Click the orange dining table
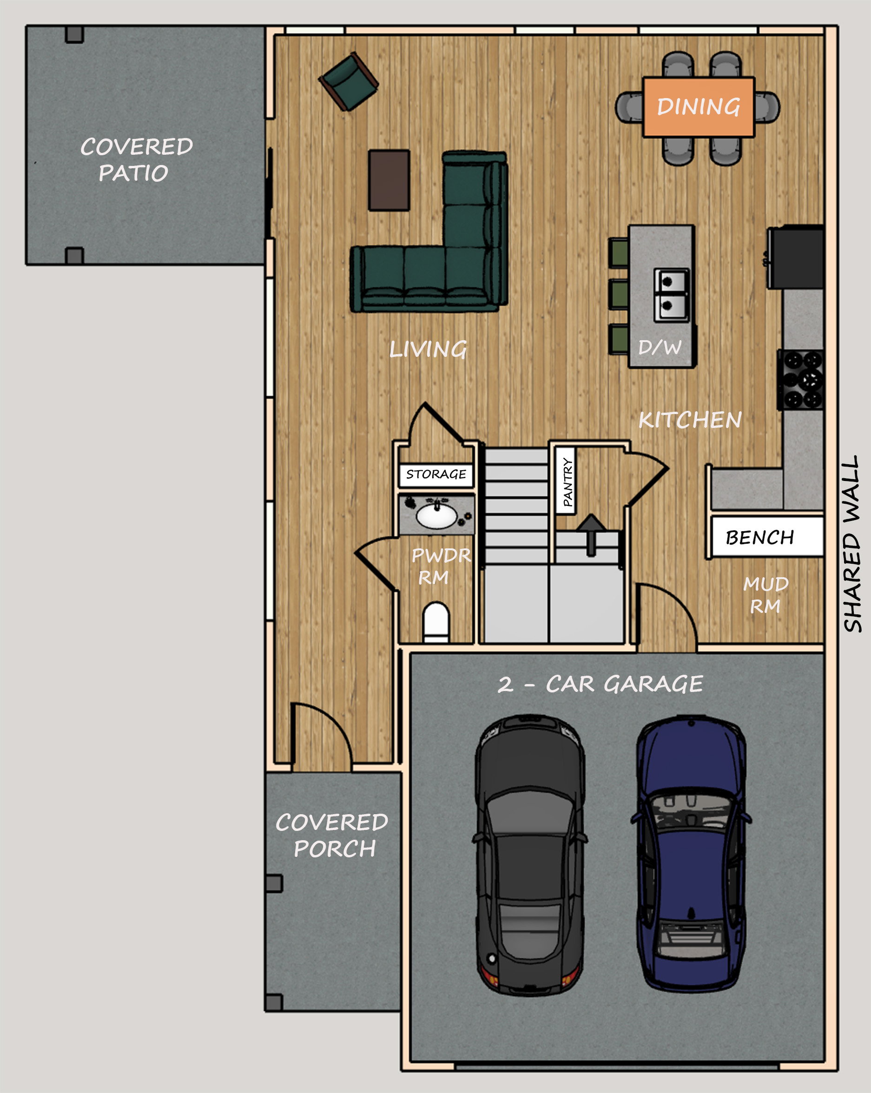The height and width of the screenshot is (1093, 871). point(699,107)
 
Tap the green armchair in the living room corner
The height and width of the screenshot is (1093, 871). point(349,82)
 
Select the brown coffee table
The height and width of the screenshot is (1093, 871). point(389,180)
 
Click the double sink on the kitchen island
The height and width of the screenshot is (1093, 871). point(671,295)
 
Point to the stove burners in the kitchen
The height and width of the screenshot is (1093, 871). point(801,380)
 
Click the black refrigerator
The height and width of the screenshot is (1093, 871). point(795,257)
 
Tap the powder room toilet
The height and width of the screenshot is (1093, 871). point(436,622)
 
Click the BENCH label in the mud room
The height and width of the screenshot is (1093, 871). point(759,537)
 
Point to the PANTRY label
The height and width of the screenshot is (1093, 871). point(567,481)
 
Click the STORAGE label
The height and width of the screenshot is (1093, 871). point(436,474)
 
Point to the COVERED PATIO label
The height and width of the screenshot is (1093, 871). point(136,160)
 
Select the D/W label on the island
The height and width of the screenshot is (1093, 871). point(660,348)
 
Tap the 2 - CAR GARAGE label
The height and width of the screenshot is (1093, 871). point(600,685)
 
